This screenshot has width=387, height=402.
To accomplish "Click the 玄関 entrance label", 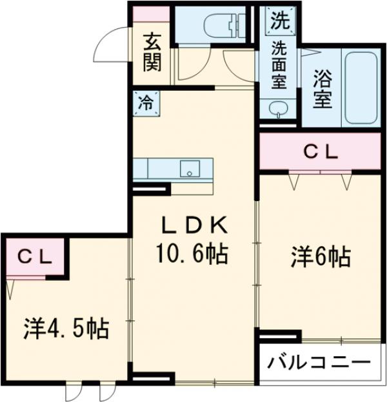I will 152,53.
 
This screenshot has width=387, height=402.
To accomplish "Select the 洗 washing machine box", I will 279,21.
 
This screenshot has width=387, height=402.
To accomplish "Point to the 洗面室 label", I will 279,64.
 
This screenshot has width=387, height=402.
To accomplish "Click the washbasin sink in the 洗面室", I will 279,108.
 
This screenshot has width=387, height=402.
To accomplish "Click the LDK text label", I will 193,225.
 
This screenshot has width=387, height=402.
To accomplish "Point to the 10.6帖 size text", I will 193,255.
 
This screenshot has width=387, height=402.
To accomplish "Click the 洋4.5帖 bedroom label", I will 66,329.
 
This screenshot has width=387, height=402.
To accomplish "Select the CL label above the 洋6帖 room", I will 321,153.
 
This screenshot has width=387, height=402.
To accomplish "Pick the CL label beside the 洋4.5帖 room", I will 34,256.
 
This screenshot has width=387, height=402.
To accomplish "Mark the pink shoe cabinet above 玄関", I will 152,15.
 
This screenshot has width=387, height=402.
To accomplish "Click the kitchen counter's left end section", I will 141,169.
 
